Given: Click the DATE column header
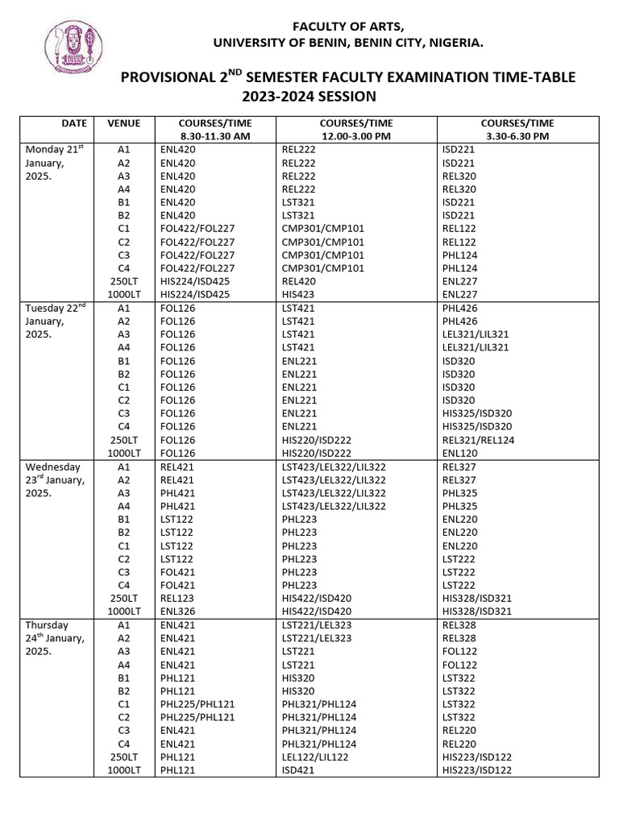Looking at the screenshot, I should point(74,123).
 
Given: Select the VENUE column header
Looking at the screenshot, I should point(123,123).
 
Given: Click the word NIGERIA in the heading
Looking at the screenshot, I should point(455,42).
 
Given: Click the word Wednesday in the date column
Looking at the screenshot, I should point(53,466).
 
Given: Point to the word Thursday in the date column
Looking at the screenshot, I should point(47,625).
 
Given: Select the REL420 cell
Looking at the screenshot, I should point(299,282).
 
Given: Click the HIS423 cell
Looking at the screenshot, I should point(297,295).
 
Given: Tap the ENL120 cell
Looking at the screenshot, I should point(459,454).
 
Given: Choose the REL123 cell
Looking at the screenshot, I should point(177,599).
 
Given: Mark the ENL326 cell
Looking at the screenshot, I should point(177,611).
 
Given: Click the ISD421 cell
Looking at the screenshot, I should point(297,770).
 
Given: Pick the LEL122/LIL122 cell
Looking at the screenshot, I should point(316,757).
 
